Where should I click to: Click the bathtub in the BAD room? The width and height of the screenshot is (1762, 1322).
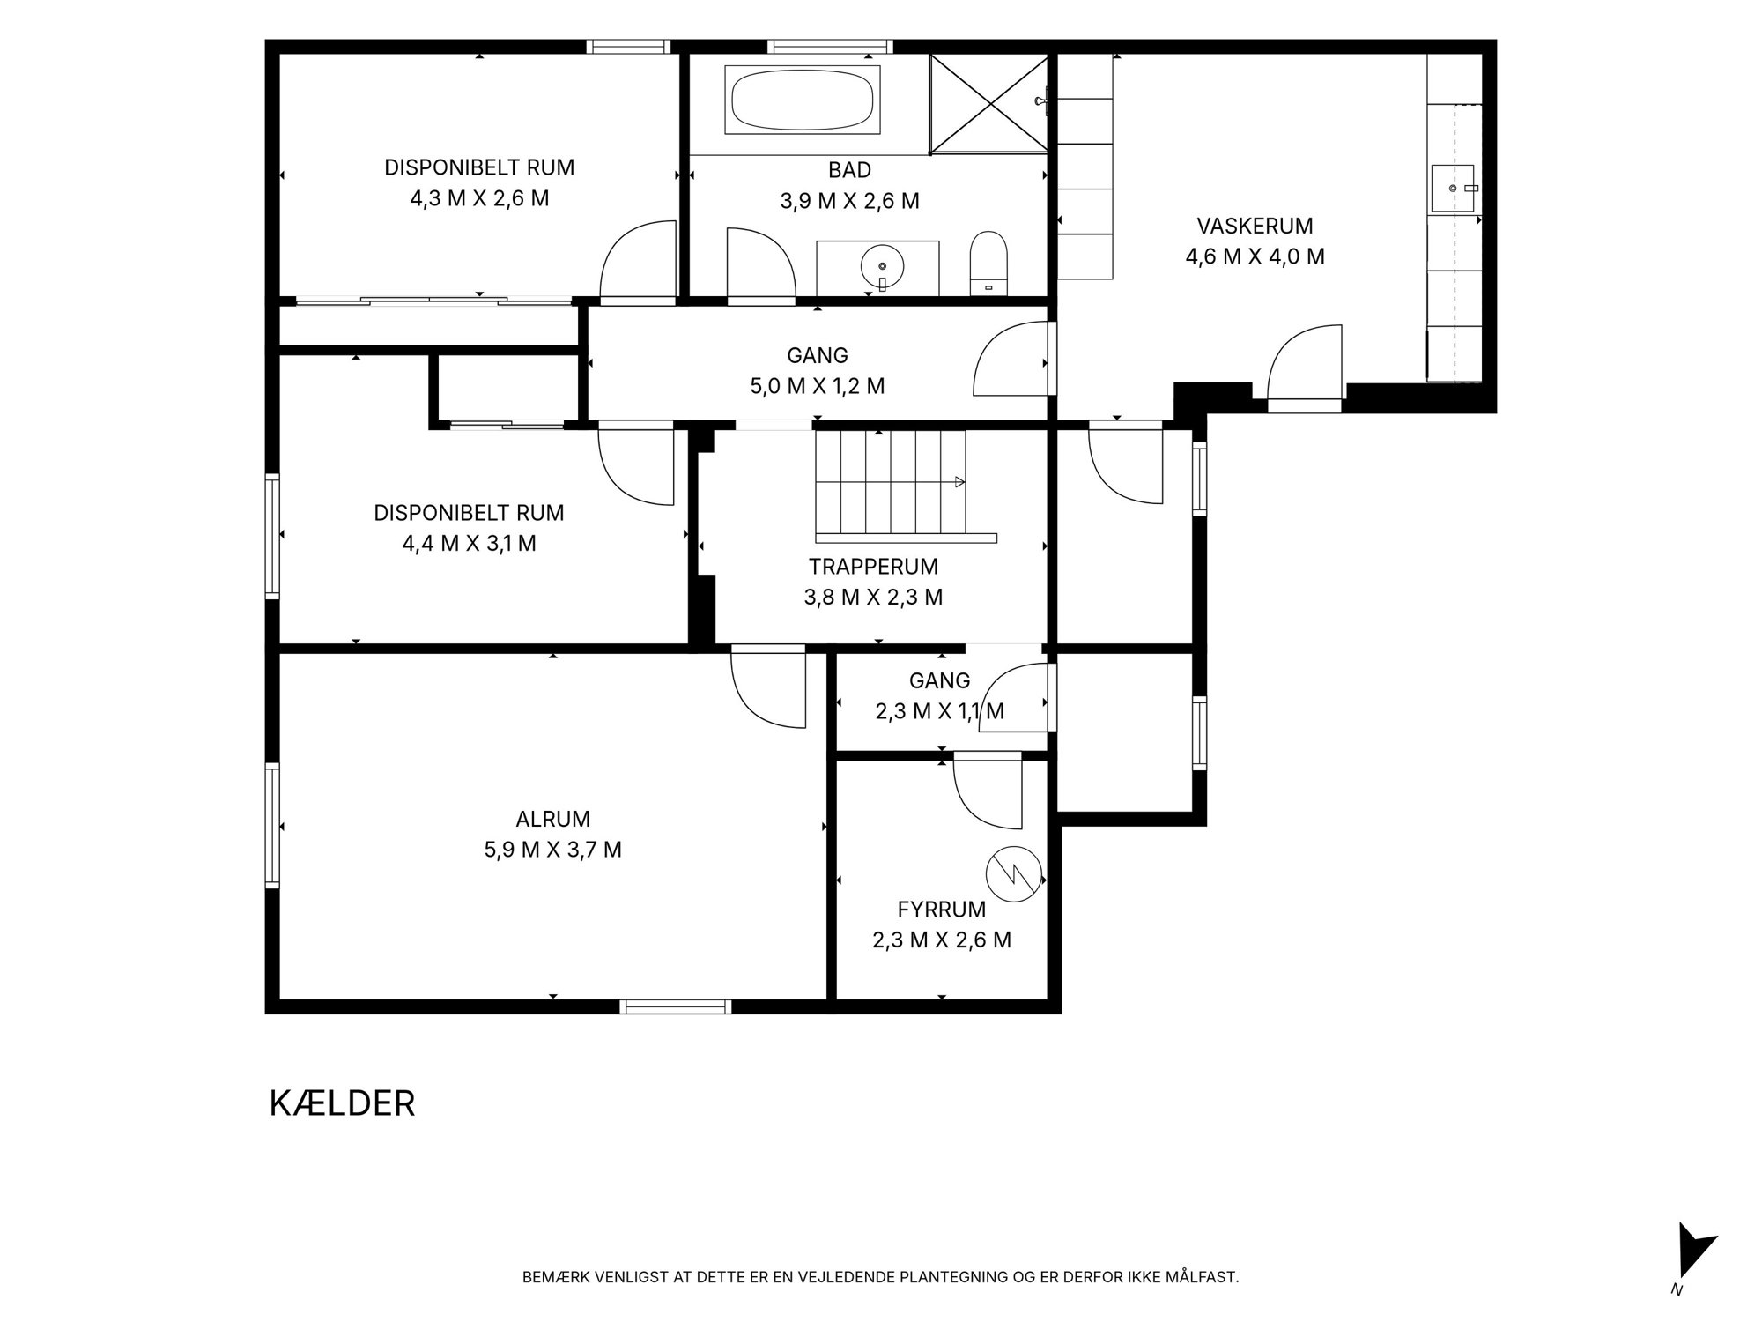point(802,100)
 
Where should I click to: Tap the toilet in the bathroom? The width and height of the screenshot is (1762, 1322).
point(988,264)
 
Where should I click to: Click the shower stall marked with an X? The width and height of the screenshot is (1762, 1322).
point(989,103)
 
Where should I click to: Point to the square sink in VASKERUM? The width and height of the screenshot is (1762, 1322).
point(1453,188)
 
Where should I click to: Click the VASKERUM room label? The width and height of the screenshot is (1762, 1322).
point(1255,226)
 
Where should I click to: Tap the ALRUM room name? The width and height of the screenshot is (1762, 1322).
point(553,819)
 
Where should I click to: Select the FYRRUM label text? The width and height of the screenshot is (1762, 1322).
point(942,909)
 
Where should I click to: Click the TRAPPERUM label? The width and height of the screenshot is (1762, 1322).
point(873,566)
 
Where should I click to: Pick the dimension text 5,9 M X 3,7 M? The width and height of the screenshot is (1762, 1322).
point(553,850)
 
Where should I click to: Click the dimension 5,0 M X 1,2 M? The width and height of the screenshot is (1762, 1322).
point(817,386)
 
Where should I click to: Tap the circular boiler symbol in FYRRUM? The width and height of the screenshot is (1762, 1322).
point(1013,874)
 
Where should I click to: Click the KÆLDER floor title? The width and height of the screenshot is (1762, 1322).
point(342,1103)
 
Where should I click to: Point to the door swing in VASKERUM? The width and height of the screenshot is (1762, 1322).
point(1304,363)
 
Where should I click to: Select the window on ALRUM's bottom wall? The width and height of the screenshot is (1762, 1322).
point(676,1006)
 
